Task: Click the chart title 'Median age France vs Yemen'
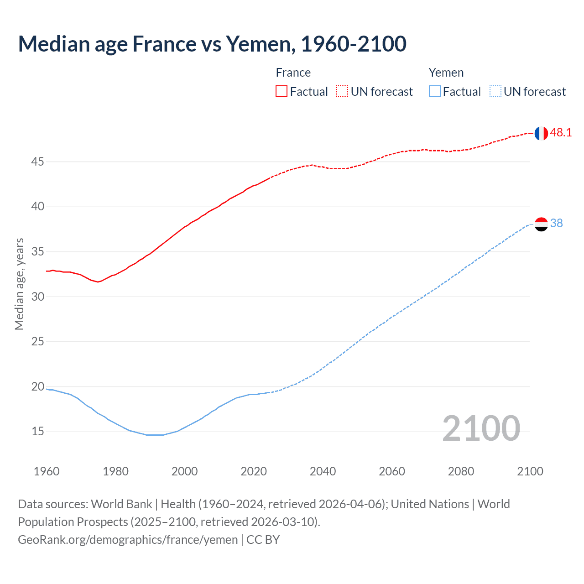click(212, 44)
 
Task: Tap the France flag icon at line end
click(541, 133)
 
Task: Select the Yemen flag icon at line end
click(541, 224)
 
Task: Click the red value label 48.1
click(561, 133)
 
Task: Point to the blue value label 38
click(556, 223)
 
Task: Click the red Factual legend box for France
click(282, 92)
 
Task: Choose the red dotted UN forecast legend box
click(342, 92)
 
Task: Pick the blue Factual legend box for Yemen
click(434, 92)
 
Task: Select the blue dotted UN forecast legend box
click(495, 92)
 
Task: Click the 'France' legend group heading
click(293, 73)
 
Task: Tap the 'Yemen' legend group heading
click(446, 73)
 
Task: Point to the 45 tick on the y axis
click(38, 162)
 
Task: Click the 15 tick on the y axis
click(38, 431)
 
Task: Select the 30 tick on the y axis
click(38, 297)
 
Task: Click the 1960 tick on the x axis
click(47, 471)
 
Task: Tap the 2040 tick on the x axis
click(323, 471)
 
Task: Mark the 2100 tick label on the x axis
click(530, 471)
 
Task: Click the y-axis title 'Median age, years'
click(19, 284)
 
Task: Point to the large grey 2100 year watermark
click(481, 428)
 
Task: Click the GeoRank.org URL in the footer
click(128, 540)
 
